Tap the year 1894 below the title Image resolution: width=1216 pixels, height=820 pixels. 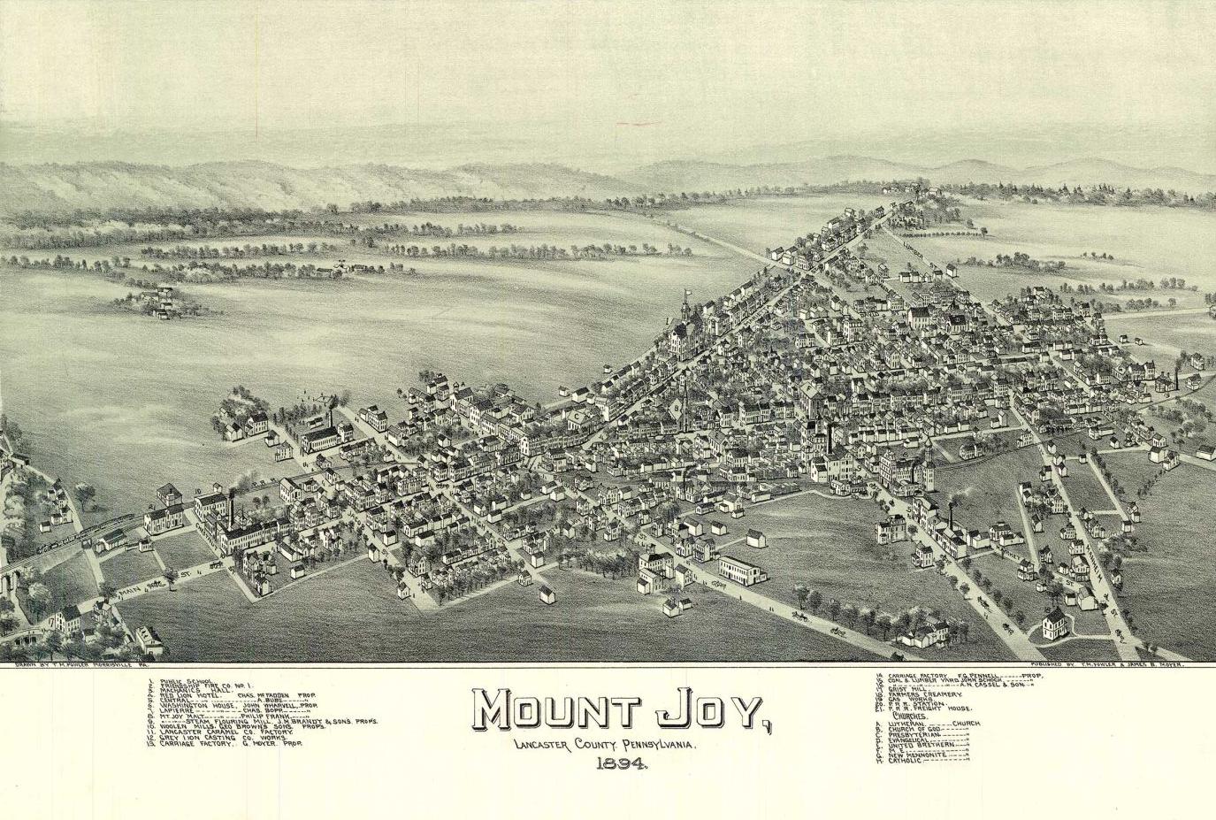(623, 765)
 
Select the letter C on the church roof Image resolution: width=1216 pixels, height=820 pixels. (576, 415)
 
